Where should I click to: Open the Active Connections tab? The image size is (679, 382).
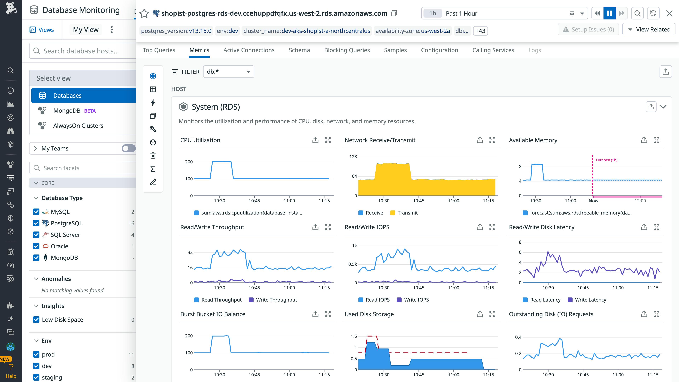tap(249, 50)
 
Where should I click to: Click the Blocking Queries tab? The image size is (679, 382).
tap(347, 50)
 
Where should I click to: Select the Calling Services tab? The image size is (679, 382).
tap(493, 50)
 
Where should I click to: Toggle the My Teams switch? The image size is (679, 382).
tap(128, 148)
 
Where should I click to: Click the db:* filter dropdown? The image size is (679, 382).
tap(228, 72)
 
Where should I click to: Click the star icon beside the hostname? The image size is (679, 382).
tap(144, 13)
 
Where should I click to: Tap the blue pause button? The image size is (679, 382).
tap(609, 13)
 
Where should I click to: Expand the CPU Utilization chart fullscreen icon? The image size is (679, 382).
tap(328, 140)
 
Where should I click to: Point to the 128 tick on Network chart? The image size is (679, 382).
tap(353, 157)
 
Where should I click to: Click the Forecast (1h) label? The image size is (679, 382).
tap(606, 160)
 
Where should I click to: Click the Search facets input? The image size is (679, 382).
tap(84, 168)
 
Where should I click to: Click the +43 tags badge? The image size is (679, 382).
tap(480, 31)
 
